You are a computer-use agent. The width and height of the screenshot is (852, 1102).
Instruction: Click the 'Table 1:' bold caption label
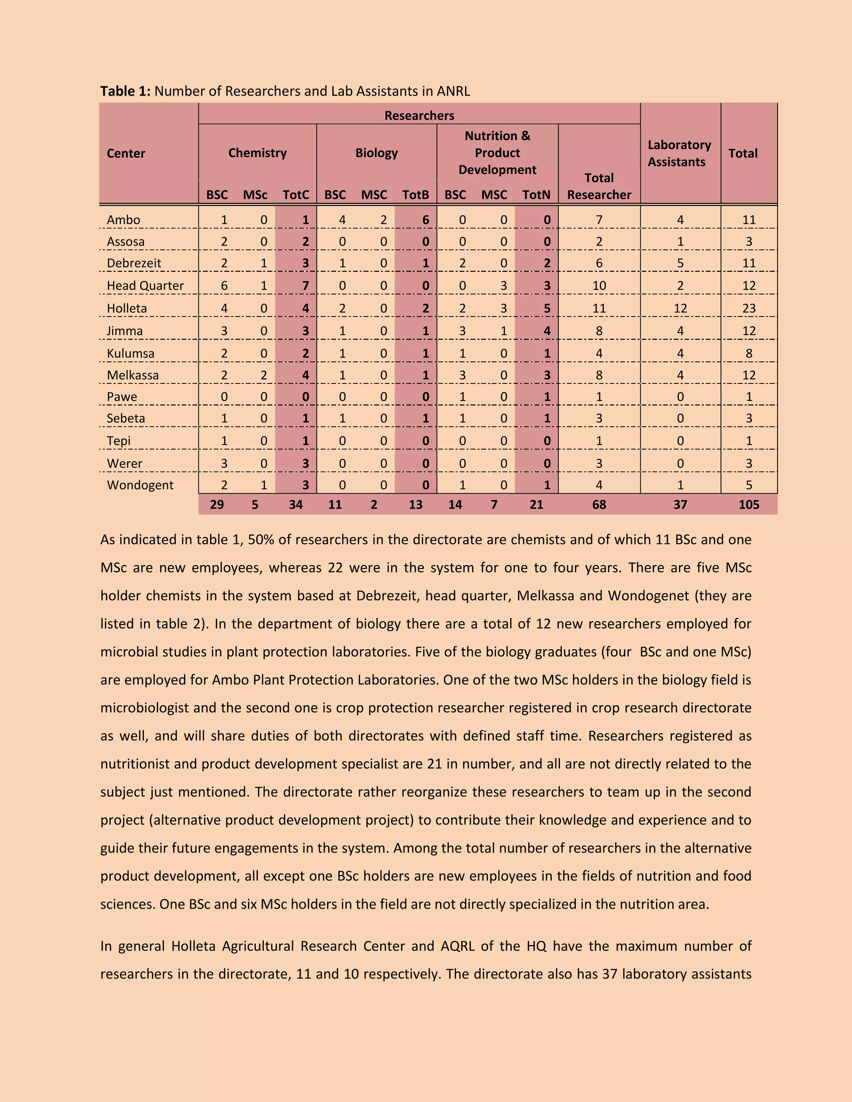tap(125, 91)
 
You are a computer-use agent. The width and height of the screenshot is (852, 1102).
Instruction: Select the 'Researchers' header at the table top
tap(419, 116)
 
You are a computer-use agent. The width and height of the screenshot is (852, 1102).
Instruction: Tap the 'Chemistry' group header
tap(257, 153)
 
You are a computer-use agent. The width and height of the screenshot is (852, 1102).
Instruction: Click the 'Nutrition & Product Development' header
tap(497, 153)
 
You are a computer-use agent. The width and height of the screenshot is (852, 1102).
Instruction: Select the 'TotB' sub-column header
tap(416, 195)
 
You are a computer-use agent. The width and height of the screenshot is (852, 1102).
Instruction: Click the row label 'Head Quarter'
tap(145, 286)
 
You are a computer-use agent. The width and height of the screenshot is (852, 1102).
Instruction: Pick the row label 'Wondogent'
tap(140, 485)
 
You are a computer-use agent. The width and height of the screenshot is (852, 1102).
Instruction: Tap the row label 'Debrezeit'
tap(134, 263)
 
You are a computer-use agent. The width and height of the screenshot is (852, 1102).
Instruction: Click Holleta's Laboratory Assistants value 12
tap(680, 308)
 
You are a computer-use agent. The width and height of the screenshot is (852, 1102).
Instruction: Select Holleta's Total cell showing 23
tap(748, 308)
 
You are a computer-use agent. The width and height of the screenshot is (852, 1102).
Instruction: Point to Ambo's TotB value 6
tap(426, 220)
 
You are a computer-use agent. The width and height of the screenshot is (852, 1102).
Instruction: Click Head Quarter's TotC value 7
tap(305, 286)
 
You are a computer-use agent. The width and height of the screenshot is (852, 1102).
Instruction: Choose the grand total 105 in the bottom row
tap(748, 504)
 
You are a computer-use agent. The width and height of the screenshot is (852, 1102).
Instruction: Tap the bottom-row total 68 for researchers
tap(599, 504)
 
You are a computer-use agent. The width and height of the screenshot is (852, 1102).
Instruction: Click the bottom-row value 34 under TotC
tap(296, 504)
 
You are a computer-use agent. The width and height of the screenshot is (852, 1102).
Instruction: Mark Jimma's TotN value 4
tap(547, 331)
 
